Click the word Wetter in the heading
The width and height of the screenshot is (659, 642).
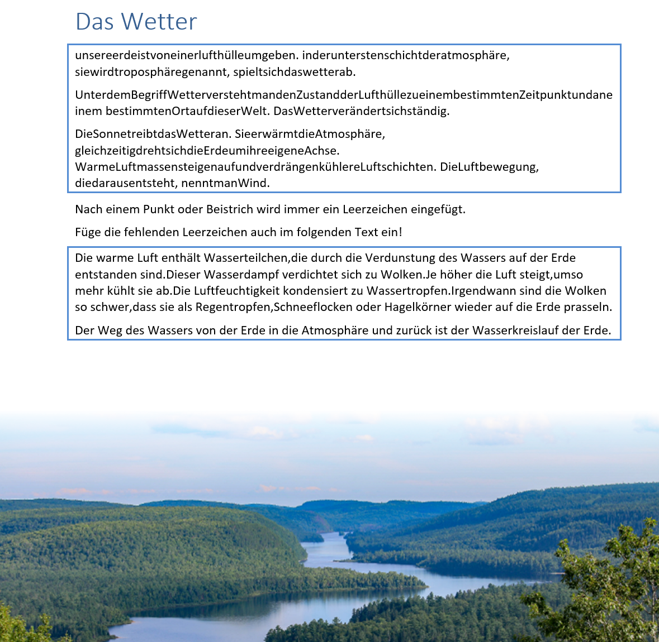(159, 22)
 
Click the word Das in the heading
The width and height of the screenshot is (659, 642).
(95, 22)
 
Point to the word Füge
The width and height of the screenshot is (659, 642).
(88, 232)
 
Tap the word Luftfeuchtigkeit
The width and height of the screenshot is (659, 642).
(236, 291)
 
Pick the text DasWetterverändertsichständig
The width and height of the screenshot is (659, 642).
(361, 111)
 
